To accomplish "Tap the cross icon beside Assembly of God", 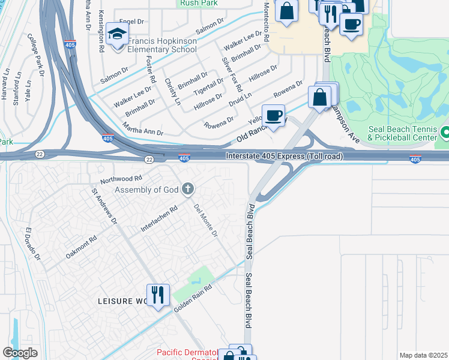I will pyautogui.click(x=188, y=190).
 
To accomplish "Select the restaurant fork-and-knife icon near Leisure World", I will pyautogui.click(x=158, y=295).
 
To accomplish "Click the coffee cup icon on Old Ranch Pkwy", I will pyautogui.click(x=273, y=115).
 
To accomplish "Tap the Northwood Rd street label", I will pyautogui.click(x=121, y=179).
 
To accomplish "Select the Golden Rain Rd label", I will pyautogui.click(x=193, y=297).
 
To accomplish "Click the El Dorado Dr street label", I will pyautogui.click(x=32, y=244).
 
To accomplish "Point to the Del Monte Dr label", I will pyautogui.click(x=205, y=220).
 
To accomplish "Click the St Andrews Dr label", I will pyautogui.click(x=104, y=207).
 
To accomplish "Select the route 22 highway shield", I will pyautogui.click(x=148, y=159).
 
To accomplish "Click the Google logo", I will pyautogui.click(x=20, y=352).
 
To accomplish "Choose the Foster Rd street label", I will pyautogui.click(x=151, y=70).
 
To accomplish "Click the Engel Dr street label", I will pyautogui.click(x=133, y=22).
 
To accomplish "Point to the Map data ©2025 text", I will pyautogui.click(x=423, y=355).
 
